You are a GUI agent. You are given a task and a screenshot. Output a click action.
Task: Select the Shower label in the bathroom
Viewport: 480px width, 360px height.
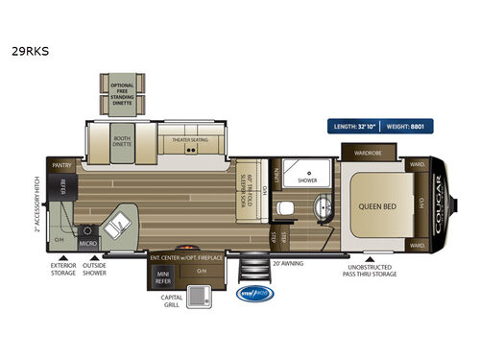click(306, 180)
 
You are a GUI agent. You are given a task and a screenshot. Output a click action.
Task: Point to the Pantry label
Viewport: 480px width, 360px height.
click(63, 165)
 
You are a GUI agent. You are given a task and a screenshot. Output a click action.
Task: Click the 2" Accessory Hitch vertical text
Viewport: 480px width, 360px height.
click(36, 204)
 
